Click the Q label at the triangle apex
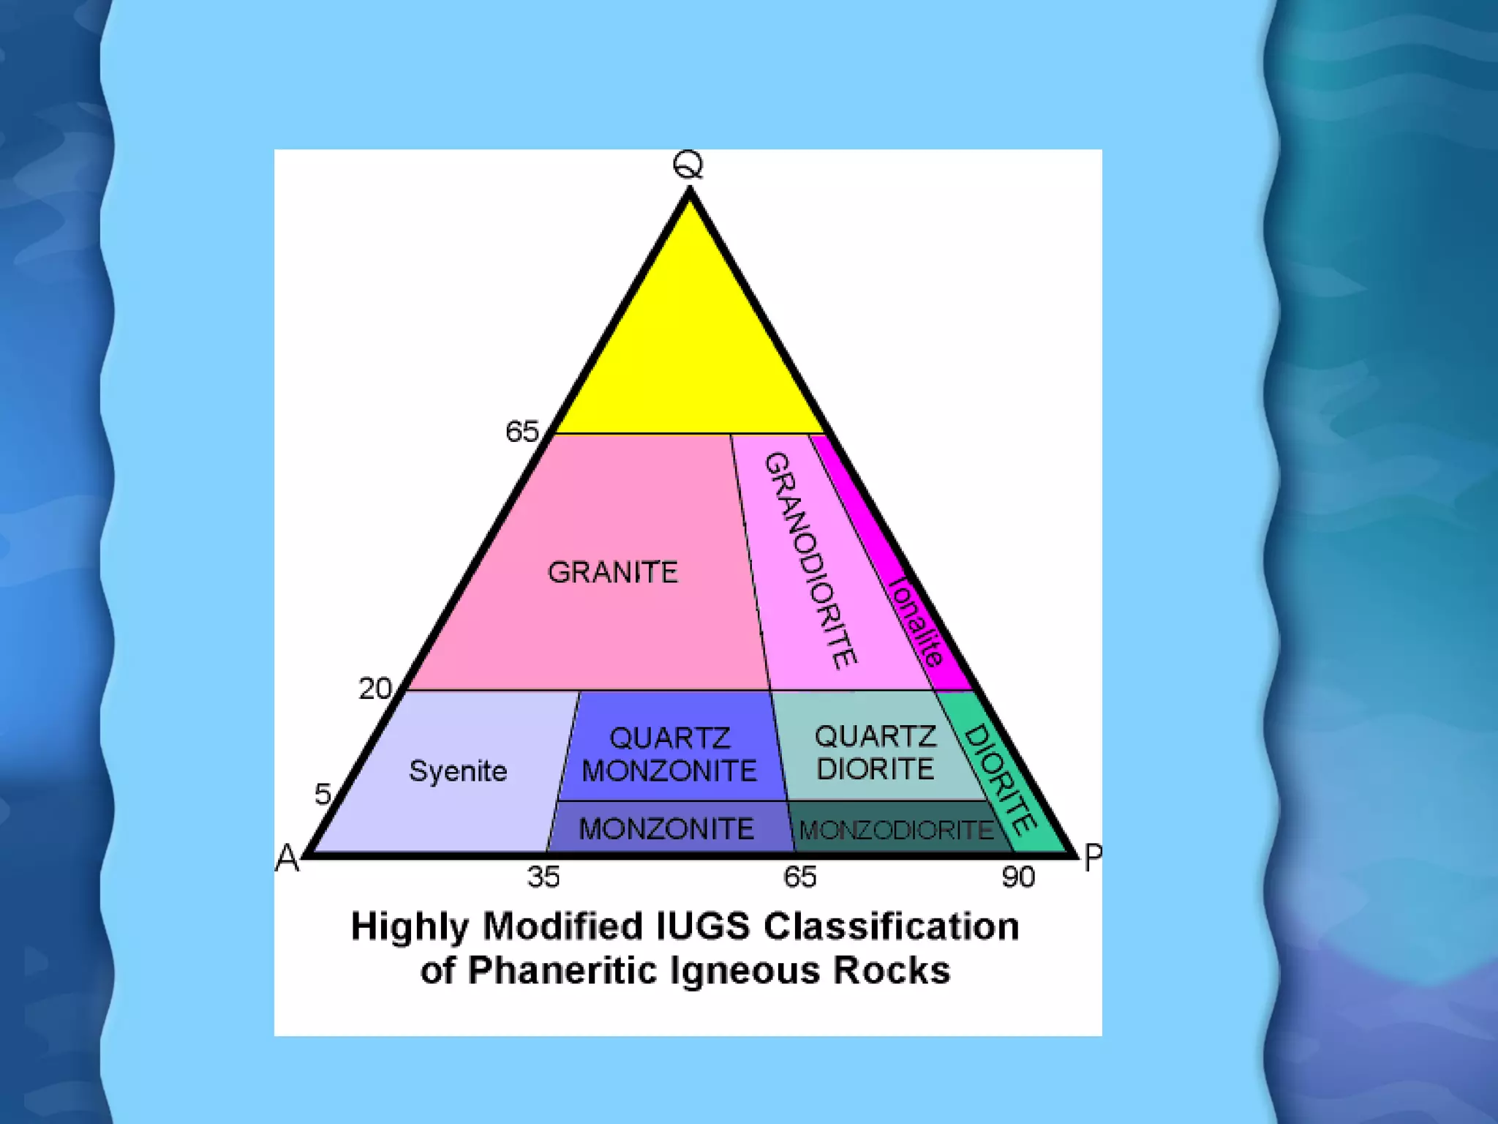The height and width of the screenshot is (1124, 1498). tap(688, 165)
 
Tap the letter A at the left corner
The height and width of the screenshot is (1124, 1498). tap(287, 858)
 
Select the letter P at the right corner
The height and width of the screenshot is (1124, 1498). tap(1093, 858)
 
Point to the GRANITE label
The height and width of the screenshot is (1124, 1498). tap(613, 572)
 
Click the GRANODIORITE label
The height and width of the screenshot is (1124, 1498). tap(810, 561)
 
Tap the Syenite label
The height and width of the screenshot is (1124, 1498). tap(458, 771)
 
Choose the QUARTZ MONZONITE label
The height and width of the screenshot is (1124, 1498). tap(669, 754)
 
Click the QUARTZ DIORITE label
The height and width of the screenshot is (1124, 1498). tap(876, 753)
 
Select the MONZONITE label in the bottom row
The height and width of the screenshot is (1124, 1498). tap(666, 829)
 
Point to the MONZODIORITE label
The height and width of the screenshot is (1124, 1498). tap(897, 830)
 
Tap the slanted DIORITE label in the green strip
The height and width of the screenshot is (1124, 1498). tap(999, 780)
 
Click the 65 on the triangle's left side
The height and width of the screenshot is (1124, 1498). tap(522, 432)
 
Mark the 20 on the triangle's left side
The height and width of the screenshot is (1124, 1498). tap(375, 689)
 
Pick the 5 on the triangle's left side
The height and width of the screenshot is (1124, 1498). tap(323, 794)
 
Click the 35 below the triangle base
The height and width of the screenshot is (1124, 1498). tap(543, 877)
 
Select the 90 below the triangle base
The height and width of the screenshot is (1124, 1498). tap(1018, 877)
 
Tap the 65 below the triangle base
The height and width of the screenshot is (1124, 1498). tap(799, 877)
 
